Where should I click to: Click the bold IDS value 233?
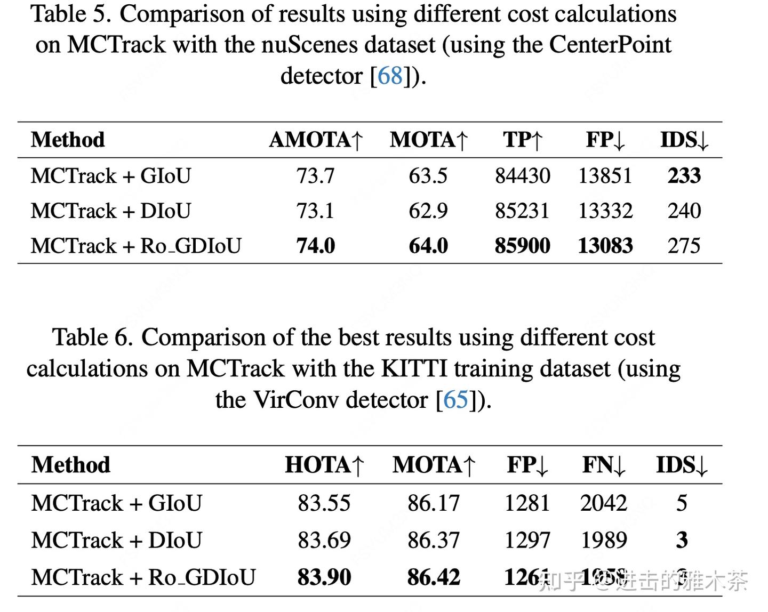pyautogui.click(x=684, y=175)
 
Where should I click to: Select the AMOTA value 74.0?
pyautogui.click(x=316, y=246)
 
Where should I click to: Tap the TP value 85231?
pyautogui.click(x=522, y=211)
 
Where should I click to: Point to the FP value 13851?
pyautogui.click(x=605, y=175)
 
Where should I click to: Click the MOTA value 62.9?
pyautogui.click(x=428, y=211)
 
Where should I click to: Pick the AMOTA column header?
pyautogui.click(x=316, y=140)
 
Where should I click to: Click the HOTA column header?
pyautogui.click(x=325, y=465)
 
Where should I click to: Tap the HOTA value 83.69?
pyautogui.click(x=324, y=540)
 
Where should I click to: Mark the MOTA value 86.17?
pyautogui.click(x=434, y=503)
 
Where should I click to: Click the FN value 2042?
pyautogui.click(x=604, y=503)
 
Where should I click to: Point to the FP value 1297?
pyautogui.click(x=527, y=540)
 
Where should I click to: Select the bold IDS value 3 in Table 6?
pyautogui.click(x=682, y=540)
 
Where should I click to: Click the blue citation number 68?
pyautogui.click(x=390, y=76)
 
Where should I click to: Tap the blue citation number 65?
pyautogui.click(x=455, y=400)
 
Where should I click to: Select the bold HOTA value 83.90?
pyautogui.click(x=324, y=577)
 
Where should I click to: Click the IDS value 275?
pyautogui.click(x=684, y=246)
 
